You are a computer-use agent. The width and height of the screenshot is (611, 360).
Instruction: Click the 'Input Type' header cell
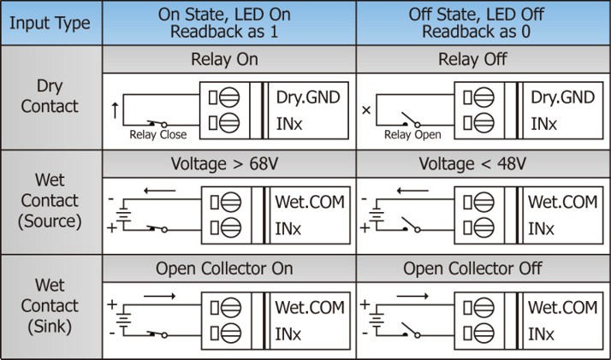tap(50, 23)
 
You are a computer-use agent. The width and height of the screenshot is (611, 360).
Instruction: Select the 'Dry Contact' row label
tap(50, 97)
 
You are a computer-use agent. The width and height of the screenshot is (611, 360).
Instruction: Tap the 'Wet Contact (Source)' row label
tap(50, 201)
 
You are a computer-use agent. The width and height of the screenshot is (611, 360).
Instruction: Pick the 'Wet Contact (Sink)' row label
tap(50, 305)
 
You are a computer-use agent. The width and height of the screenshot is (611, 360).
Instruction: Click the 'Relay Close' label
tap(153, 134)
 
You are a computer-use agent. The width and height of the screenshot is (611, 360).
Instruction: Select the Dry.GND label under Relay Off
tap(562, 97)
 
